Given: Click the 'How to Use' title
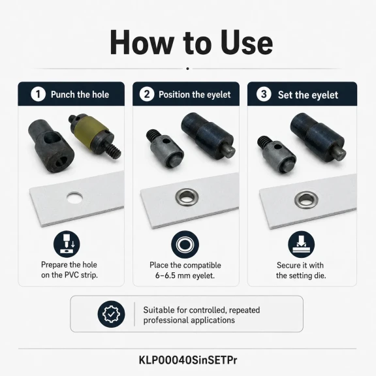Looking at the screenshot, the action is click(x=191, y=42).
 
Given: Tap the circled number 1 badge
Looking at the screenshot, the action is click(x=38, y=94).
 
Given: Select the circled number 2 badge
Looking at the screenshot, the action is click(x=147, y=94).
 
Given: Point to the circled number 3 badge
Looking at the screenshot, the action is click(x=264, y=94).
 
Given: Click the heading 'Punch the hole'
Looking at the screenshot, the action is click(x=80, y=95).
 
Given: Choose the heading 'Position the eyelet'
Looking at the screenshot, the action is click(x=195, y=95).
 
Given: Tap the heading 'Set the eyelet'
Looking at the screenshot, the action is click(x=308, y=95).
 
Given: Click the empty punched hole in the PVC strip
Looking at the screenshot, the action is click(x=75, y=198).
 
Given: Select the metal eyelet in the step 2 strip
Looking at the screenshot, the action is click(x=187, y=197).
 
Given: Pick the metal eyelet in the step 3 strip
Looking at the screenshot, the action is click(x=306, y=200).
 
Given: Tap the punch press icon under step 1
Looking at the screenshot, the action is click(x=67, y=244).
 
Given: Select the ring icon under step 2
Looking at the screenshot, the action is click(x=185, y=245).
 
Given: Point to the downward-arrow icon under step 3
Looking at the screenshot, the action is click(x=302, y=245).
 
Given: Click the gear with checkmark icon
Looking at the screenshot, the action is click(x=111, y=314).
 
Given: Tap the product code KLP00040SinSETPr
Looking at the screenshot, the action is click(x=188, y=360).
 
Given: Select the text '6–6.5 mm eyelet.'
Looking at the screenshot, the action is click(x=185, y=275).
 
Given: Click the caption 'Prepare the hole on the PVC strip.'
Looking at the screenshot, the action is click(x=69, y=270).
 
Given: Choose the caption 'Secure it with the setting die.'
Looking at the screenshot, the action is click(x=301, y=270).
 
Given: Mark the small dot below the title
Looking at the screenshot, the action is click(x=187, y=69).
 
